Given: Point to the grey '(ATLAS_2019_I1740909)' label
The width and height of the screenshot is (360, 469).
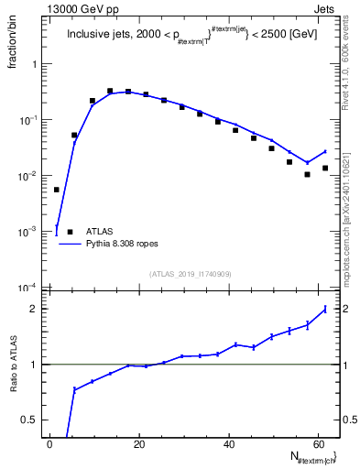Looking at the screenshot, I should (190, 272).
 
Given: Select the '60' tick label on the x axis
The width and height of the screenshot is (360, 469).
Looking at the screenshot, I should (319, 444).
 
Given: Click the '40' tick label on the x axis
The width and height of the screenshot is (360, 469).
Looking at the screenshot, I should (228, 444).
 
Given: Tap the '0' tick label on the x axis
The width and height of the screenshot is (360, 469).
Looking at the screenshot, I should (49, 444).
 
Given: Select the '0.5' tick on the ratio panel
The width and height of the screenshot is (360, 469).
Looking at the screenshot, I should (31, 420).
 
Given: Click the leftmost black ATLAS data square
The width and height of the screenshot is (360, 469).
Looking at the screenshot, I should (57, 190).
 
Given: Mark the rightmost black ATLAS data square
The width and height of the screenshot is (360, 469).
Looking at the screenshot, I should (325, 168).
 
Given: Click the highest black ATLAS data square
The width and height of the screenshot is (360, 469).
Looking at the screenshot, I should (111, 92).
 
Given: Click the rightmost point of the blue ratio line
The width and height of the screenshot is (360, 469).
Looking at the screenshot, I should (325, 309).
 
